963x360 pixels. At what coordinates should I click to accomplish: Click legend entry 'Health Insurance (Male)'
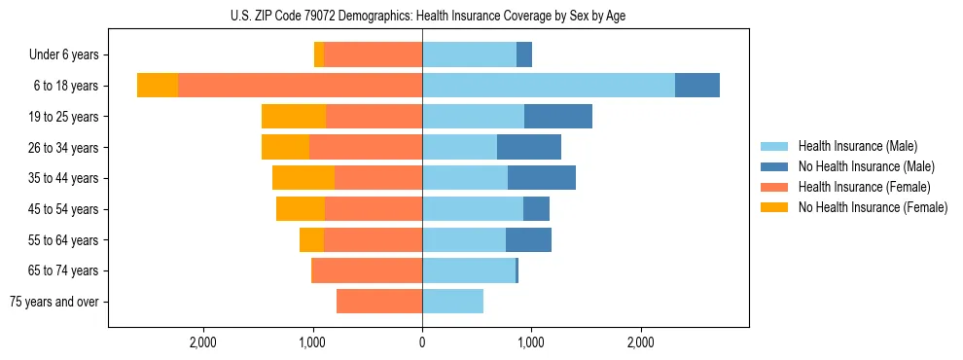tap(857, 146)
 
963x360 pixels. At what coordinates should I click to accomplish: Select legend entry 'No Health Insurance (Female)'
tap(873, 207)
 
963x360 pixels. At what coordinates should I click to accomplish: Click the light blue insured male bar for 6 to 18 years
tap(548, 86)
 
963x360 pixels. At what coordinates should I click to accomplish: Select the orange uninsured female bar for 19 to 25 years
tap(293, 117)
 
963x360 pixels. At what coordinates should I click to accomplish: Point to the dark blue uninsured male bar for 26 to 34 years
tap(528, 147)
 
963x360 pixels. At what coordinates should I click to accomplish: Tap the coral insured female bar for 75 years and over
tap(378, 302)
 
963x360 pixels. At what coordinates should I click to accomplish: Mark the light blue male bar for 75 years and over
tap(452, 302)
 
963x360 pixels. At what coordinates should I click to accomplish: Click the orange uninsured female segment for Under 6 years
tap(318, 54)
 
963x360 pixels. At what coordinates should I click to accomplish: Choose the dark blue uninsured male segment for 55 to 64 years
tap(528, 239)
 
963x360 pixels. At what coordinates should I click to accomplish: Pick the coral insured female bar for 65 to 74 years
tap(366, 270)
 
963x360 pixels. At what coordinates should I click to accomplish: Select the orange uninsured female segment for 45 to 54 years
tap(300, 209)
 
